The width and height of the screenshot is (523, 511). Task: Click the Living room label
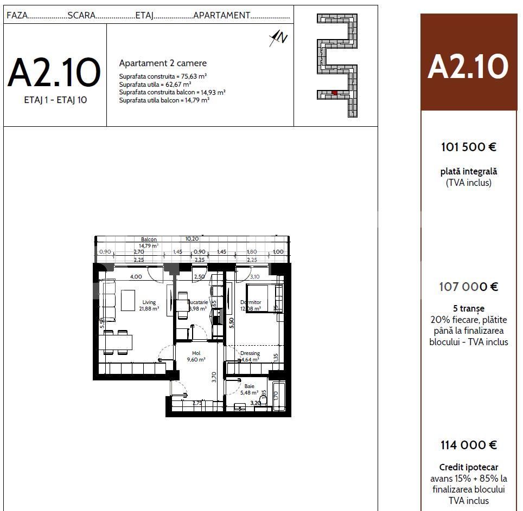click(x=149, y=302)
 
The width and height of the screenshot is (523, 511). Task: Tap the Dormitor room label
click(x=251, y=302)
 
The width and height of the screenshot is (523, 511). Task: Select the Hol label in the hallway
click(x=196, y=353)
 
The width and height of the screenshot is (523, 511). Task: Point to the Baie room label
click(x=249, y=386)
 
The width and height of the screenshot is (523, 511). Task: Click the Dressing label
click(x=250, y=353)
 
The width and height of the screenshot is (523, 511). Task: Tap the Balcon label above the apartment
click(x=149, y=240)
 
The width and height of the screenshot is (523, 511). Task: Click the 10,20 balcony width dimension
click(x=192, y=238)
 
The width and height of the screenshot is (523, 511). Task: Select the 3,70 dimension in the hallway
click(x=214, y=376)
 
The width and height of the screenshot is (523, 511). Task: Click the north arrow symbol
click(x=279, y=37)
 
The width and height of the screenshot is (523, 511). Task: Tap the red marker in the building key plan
click(x=335, y=93)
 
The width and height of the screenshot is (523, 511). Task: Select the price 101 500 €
click(x=469, y=147)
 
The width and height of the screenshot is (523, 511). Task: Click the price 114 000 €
click(x=469, y=445)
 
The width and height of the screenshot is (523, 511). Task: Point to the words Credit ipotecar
click(x=469, y=467)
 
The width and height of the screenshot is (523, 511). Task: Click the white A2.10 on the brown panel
click(x=468, y=67)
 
